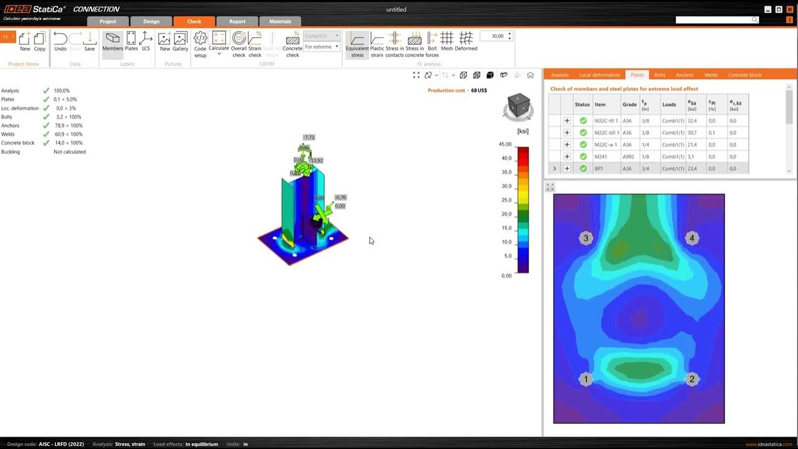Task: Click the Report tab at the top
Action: tap(237, 21)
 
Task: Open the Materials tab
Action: tap(280, 21)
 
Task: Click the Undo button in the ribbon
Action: tap(60, 42)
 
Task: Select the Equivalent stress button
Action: tap(357, 44)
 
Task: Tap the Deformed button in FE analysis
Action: tap(466, 42)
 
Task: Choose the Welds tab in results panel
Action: tap(711, 75)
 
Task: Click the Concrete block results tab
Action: tap(744, 75)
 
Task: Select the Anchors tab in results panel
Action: tap(685, 75)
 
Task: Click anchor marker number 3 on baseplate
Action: tap(585, 238)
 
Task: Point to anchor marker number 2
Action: tap(691, 379)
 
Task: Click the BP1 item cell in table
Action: tap(599, 168)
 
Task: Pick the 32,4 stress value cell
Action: tap(692, 121)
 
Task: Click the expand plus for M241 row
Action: tap(567, 157)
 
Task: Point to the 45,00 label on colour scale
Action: tap(506, 144)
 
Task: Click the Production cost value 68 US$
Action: tap(479, 90)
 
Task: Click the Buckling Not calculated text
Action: tap(69, 152)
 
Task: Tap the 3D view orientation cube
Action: tap(517, 107)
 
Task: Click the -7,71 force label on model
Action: tap(309, 137)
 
